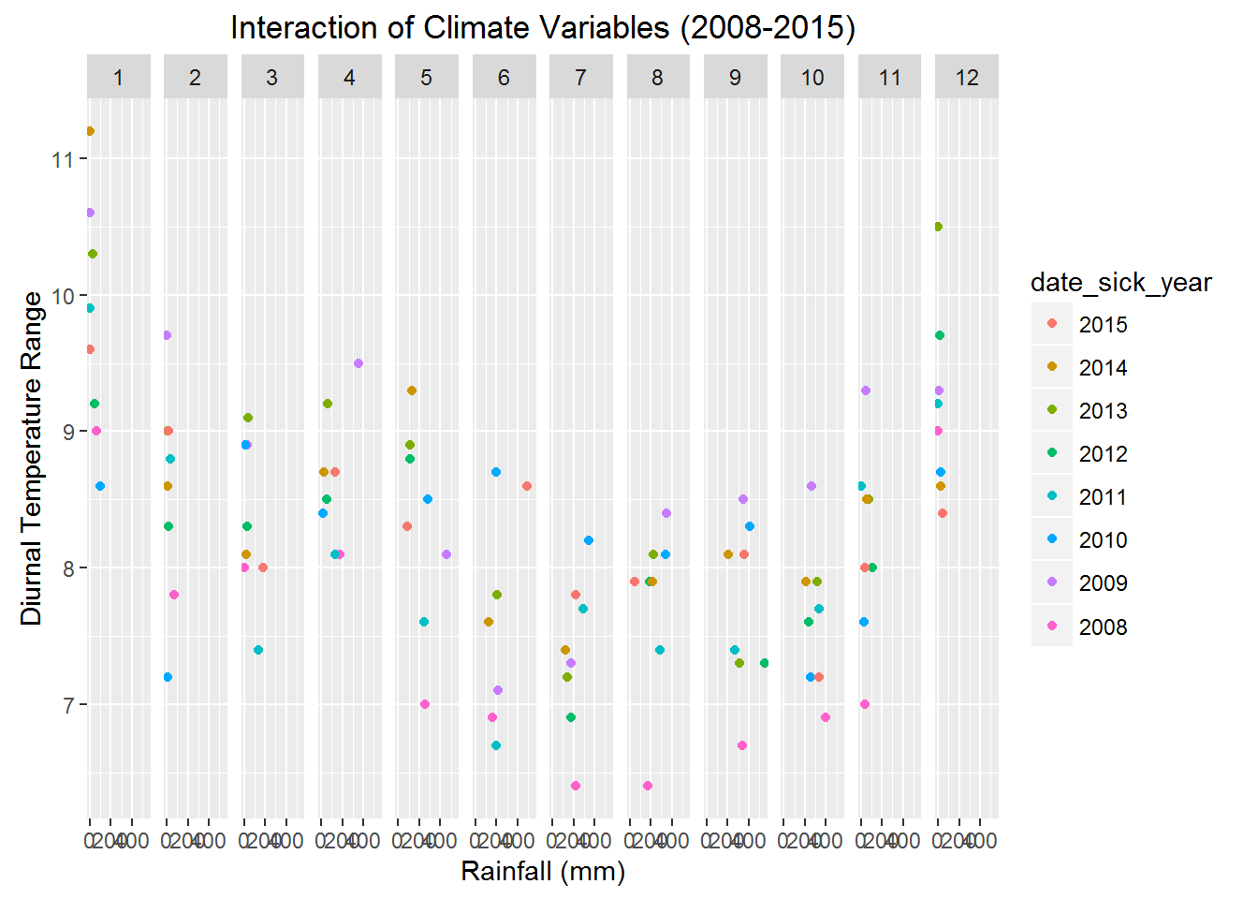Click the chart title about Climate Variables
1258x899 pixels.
point(543,28)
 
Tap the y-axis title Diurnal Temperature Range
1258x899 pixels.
point(32,458)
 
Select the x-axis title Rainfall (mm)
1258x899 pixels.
point(543,871)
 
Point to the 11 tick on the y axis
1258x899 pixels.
point(63,159)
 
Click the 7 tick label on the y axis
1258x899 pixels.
point(68,704)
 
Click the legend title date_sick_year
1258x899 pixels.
point(1120,283)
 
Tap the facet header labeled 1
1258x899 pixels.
point(119,78)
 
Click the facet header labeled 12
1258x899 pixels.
point(966,78)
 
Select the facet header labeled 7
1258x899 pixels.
point(580,78)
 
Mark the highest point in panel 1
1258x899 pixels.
point(90,131)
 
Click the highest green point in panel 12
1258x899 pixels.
point(938,227)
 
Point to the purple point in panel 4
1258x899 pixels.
point(358,363)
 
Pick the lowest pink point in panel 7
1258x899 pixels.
point(576,786)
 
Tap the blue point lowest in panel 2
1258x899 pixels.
point(168,677)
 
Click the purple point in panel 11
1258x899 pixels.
point(866,391)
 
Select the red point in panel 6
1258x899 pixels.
point(527,486)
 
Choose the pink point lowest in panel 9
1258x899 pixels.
point(742,745)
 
